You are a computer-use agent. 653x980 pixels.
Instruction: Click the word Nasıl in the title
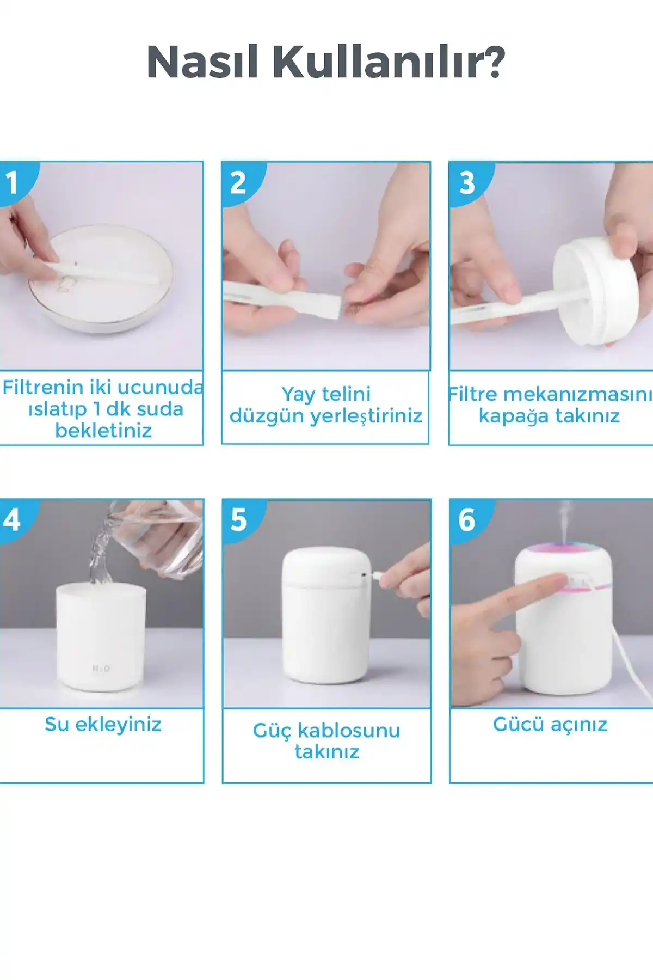(x=202, y=62)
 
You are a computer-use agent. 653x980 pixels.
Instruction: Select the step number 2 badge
(x=238, y=183)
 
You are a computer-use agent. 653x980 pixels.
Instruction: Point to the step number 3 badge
(x=467, y=183)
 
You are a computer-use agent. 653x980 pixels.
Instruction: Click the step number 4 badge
(x=12, y=520)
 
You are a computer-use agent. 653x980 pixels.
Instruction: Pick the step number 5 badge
(x=238, y=520)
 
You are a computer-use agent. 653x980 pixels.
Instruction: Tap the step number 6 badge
(x=467, y=520)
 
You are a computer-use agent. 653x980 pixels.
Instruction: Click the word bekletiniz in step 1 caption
(x=103, y=431)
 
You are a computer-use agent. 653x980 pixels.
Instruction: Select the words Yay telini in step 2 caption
(x=325, y=394)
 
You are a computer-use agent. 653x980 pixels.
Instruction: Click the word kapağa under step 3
(x=514, y=416)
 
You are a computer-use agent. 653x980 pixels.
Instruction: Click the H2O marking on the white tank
(x=101, y=668)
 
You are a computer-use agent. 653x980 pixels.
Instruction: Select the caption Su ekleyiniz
(x=103, y=725)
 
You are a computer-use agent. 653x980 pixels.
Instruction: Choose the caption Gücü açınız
(x=550, y=725)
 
